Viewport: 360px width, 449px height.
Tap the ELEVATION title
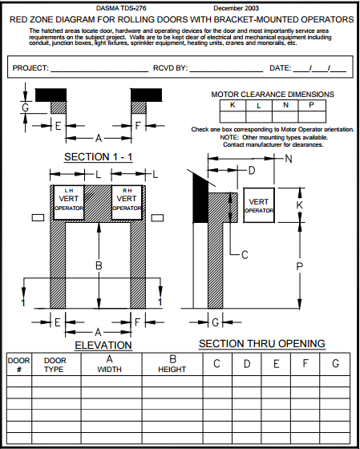[x=103, y=345]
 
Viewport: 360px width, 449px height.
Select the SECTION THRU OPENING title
[x=261, y=343]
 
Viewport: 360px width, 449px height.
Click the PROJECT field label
[x=30, y=69]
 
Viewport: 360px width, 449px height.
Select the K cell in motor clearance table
[x=233, y=105]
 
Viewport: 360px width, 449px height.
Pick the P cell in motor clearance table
[x=312, y=105]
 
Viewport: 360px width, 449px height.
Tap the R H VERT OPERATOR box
[x=127, y=202]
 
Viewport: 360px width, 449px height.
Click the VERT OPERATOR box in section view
[x=259, y=205]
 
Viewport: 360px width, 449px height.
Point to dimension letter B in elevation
[x=98, y=265]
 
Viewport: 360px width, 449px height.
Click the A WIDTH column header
[x=108, y=365]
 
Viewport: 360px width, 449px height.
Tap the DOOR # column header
[x=18, y=366]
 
